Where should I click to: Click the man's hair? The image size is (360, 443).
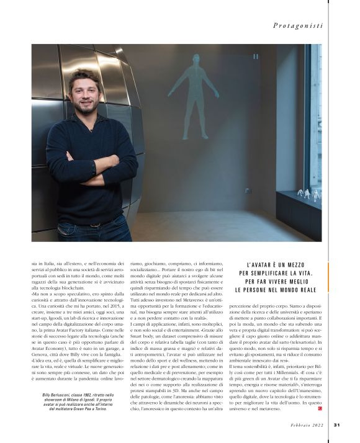pos(84,75)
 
